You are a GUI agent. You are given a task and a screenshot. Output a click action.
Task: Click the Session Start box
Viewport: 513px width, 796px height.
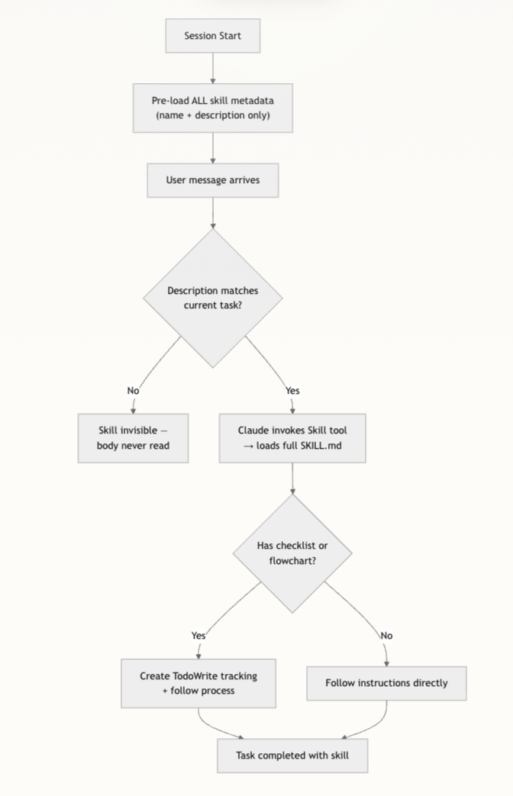click(212, 36)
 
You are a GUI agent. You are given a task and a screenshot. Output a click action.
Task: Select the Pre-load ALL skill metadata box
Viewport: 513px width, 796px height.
click(212, 108)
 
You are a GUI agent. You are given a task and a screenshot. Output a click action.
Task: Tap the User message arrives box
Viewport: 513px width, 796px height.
click(212, 181)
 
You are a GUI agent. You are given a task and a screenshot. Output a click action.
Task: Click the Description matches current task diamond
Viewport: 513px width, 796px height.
click(212, 298)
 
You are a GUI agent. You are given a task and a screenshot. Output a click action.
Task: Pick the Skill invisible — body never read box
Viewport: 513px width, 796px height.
click(133, 438)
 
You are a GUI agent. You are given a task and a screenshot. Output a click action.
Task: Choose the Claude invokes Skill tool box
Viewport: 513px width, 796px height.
click(292, 438)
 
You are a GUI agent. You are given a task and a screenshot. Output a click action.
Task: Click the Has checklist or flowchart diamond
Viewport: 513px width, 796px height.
click(292, 553)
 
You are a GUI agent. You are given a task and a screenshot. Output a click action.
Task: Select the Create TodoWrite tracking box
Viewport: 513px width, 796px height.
click(198, 683)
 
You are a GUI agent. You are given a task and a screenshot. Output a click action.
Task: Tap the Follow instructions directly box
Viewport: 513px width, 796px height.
click(386, 682)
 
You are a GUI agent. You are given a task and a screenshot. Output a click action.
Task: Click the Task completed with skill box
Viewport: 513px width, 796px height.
click(292, 756)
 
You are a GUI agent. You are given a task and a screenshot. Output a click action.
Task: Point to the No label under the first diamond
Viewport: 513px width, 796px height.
click(133, 391)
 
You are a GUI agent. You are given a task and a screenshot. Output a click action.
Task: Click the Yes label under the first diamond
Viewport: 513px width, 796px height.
click(292, 391)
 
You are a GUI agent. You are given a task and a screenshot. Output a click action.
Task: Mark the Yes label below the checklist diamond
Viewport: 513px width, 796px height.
click(198, 635)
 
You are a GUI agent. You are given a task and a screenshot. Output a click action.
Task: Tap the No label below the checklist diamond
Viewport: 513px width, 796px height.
click(386, 635)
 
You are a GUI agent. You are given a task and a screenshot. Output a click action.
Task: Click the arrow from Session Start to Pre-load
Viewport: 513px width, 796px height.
click(212, 67)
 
